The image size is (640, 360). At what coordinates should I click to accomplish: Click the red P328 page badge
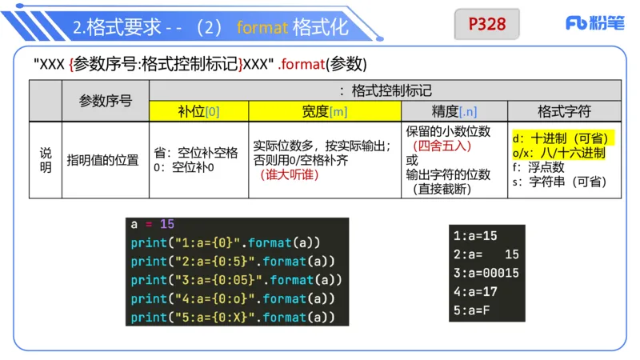point(486,24)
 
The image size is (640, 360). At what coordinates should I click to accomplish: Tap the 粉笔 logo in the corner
point(596,24)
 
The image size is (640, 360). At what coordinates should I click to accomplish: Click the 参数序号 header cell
point(106,101)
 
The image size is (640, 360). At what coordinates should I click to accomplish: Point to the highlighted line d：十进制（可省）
point(561,138)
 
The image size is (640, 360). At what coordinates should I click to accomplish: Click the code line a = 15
point(152,225)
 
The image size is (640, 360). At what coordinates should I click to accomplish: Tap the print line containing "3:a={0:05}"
point(236,280)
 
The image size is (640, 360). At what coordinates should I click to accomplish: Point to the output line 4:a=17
point(475,291)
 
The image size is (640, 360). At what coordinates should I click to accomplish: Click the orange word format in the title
point(262,27)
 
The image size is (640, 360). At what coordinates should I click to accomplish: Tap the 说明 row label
point(46,159)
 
